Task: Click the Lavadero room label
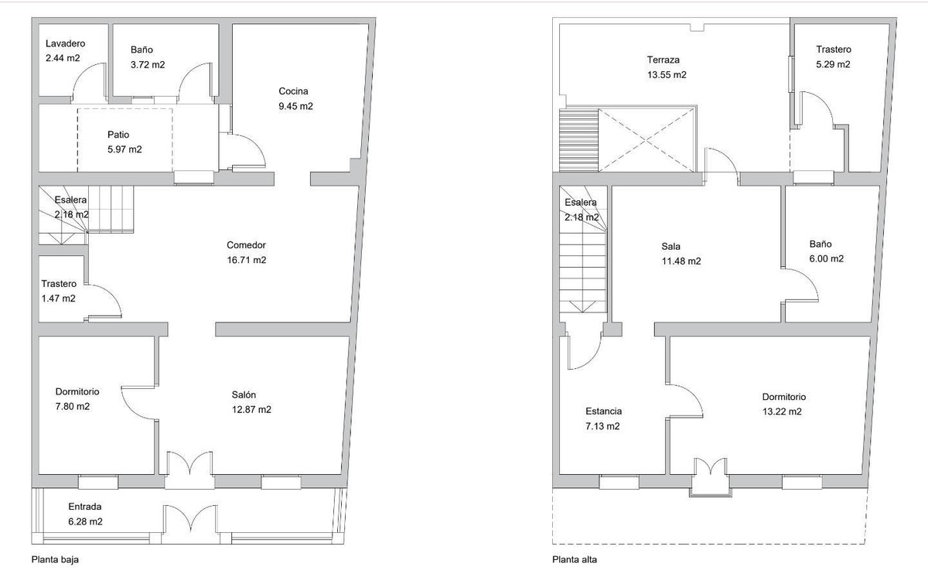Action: pos(65,44)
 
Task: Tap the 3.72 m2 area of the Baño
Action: pos(147,65)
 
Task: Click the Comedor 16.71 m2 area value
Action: pos(247,261)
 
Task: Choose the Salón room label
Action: pos(244,394)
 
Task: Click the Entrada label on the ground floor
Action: pos(85,507)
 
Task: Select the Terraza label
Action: pos(664,60)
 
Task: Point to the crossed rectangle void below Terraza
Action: pos(648,140)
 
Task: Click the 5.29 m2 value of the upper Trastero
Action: pos(833,65)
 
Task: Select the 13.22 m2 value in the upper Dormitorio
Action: pos(782,411)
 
